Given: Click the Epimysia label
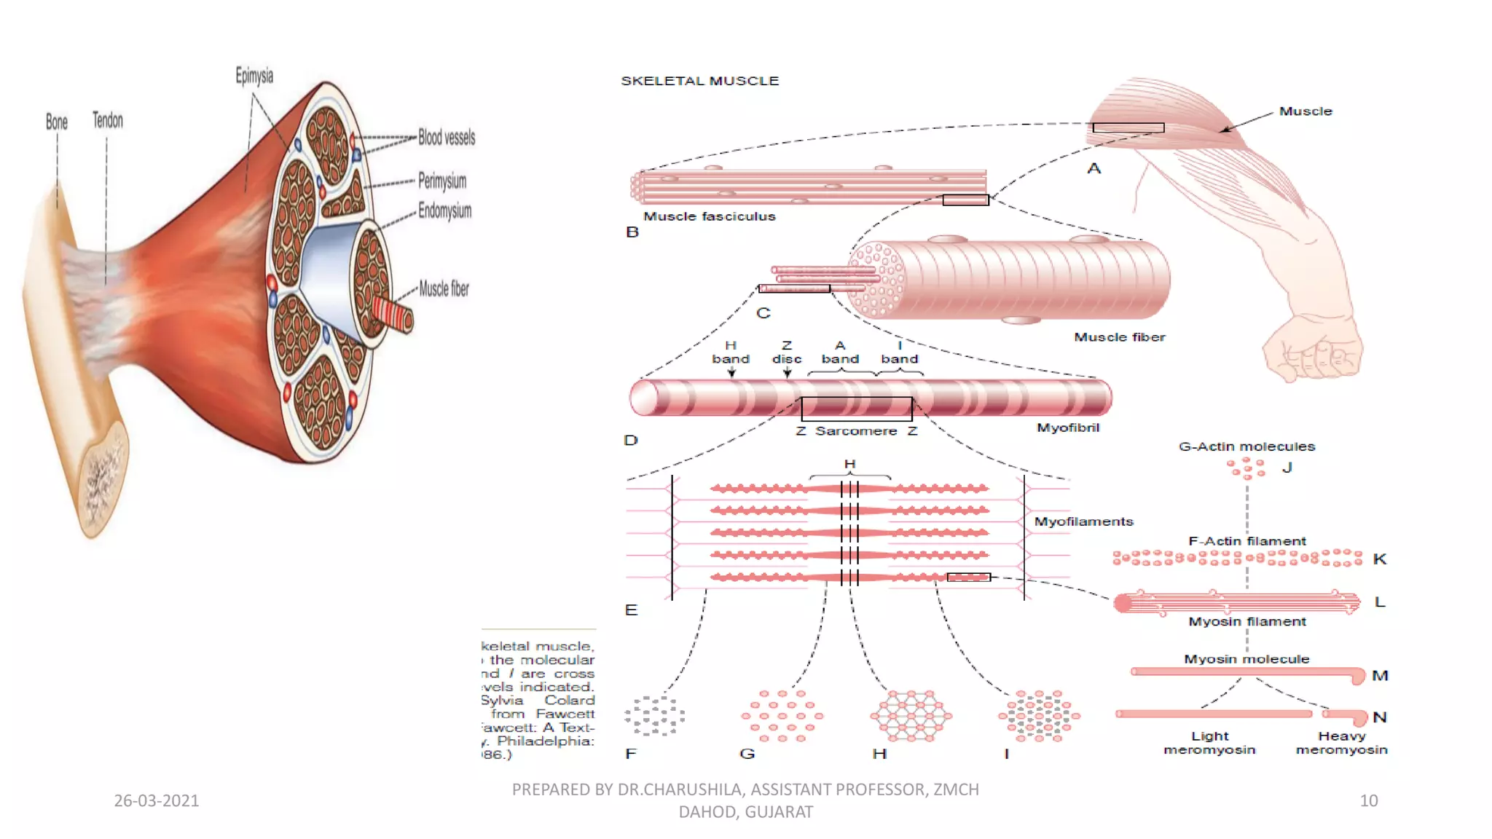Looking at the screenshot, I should pyautogui.click(x=254, y=76).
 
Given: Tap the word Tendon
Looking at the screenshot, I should pyautogui.click(x=108, y=120).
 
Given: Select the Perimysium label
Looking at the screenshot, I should pyautogui.click(x=442, y=181).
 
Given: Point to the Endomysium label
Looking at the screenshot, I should pyautogui.click(x=444, y=211).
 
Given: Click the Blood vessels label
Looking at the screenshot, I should pyautogui.click(x=447, y=137).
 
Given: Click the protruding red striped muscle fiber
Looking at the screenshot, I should pyautogui.click(x=393, y=315).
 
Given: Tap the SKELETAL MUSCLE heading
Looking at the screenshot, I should pyautogui.click(x=699, y=81).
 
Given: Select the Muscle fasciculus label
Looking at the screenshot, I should pyautogui.click(x=709, y=216).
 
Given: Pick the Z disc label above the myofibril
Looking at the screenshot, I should pyautogui.click(x=787, y=352).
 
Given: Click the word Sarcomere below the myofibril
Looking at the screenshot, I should pyautogui.click(x=856, y=431).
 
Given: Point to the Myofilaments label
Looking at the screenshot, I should pyautogui.click(x=1083, y=521).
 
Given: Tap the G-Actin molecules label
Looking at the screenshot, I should pyautogui.click(x=1246, y=446).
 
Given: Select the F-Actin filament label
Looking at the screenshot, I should pyautogui.click(x=1246, y=541).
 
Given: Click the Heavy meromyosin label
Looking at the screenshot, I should pyautogui.click(x=1341, y=743).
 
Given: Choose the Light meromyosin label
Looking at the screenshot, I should pyautogui.click(x=1209, y=743).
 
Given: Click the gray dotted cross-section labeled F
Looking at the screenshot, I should pyautogui.click(x=654, y=715).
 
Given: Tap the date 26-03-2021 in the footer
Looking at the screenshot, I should pyautogui.click(x=156, y=800).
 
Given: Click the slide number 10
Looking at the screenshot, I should pyautogui.click(x=1368, y=800).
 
